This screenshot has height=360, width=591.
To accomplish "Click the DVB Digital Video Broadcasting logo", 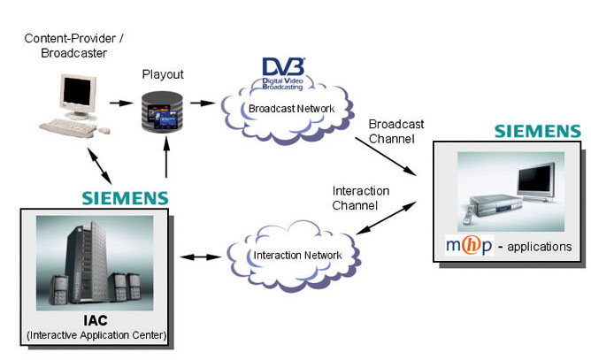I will pyautogui.click(x=283, y=72).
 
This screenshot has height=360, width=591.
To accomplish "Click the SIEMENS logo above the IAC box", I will pyautogui.click(x=125, y=196).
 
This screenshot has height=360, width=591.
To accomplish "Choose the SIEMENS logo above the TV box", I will pyautogui.click(x=537, y=131).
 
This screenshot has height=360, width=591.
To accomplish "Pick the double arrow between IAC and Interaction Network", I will pyautogui.click(x=201, y=257).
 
